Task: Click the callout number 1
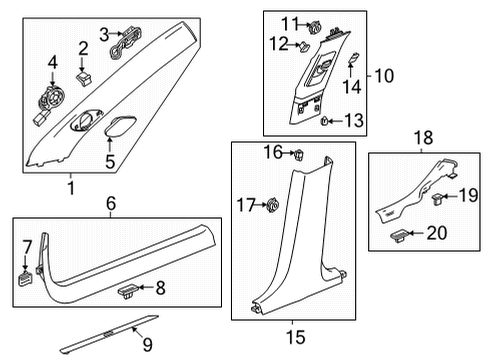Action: (x=70, y=187)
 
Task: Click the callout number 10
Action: (x=383, y=75)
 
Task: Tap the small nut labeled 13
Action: (x=325, y=121)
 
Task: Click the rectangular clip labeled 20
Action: (x=399, y=236)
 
